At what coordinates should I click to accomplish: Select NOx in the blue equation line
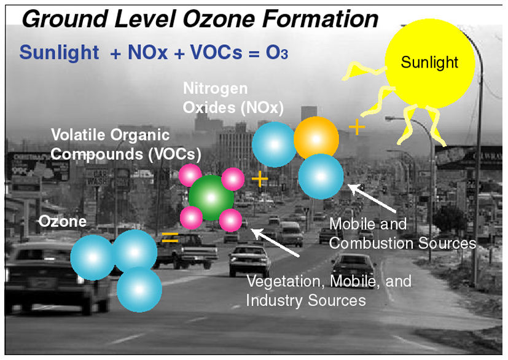(x=148, y=52)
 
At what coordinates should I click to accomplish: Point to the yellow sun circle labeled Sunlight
(x=429, y=63)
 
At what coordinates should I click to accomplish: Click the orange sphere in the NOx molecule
(x=316, y=139)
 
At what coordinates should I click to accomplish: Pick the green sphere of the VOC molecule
(x=211, y=198)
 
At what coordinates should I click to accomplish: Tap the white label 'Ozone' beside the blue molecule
(x=63, y=222)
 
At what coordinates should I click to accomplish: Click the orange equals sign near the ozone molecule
(x=170, y=238)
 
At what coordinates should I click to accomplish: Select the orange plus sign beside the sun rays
(x=357, y=127)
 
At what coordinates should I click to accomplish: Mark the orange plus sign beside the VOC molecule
(x=260, y=179)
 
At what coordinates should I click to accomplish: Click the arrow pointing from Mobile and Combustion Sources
(x=372, y=198)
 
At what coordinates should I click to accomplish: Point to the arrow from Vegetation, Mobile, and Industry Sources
(x=275, y=243)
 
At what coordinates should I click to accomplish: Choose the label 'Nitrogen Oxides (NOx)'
(x=233, y=98)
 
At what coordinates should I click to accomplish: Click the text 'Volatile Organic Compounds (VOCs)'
(x=126, y=144)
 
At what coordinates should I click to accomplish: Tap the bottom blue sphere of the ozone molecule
(x=139, y=289)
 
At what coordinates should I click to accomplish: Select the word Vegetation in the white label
(x=286, y=281)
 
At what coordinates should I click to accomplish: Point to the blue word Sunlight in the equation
(x=60, y=52)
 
